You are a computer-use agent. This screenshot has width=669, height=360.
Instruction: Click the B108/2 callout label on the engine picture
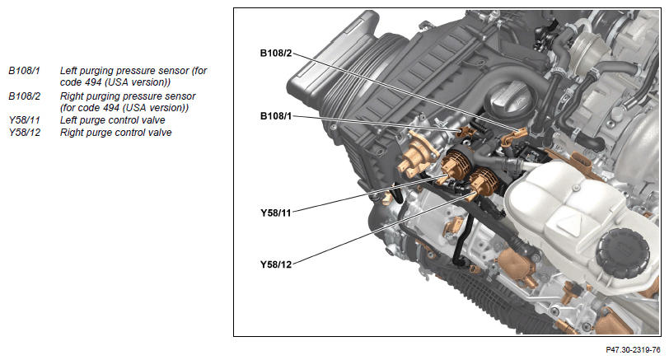[x=276, y=54]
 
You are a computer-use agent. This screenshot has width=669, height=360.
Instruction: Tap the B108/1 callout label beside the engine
[x=276, y=116]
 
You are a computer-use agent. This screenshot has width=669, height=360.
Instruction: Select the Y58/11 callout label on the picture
[x=276, y=213]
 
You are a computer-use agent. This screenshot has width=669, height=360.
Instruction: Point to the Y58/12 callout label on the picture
[x=276, y=264]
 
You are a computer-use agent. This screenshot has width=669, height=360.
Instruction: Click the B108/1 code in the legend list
[x=25, y=71]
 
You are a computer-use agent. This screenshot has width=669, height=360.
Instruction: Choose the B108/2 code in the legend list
[x=25, y=96]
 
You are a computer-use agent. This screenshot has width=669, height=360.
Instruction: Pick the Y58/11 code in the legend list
[x=25, y=120]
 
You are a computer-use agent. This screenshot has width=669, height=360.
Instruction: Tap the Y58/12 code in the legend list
[x=25, y=133]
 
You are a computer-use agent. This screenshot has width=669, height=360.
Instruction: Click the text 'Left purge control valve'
[x=112, y=121]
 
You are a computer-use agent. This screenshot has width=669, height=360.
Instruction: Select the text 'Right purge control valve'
[x=115, y=133]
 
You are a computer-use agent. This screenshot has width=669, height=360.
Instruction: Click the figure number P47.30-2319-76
[x=633, y=350]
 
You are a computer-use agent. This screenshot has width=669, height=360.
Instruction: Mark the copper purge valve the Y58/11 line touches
[x=453, y=166]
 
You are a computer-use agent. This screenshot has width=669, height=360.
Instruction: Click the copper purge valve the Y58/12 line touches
[x=483, y=181]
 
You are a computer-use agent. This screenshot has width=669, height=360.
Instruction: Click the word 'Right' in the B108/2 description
[x=73, y=96]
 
